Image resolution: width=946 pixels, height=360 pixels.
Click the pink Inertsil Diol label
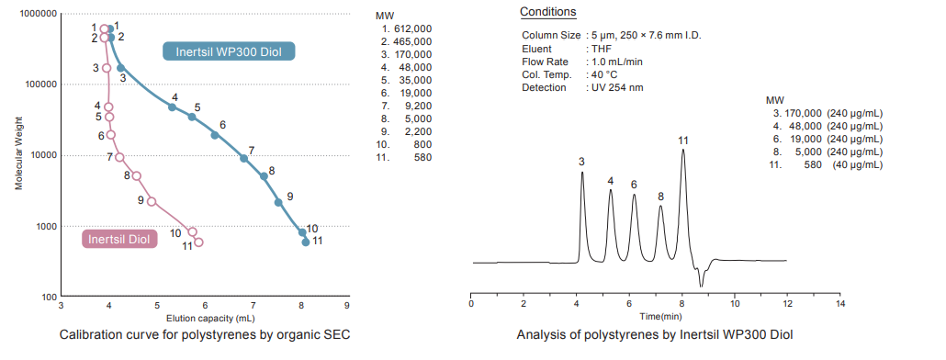tap(118, 240)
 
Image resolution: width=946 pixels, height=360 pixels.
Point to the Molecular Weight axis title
tap(17, 156)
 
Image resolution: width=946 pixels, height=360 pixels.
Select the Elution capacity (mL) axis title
tap(205, 317)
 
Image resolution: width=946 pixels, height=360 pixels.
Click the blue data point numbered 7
tap(243, 158)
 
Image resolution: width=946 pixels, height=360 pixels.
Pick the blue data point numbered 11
tap(306, 242)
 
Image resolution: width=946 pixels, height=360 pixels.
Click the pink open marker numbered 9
tap(152, 201)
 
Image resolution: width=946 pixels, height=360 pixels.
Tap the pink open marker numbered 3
tap(107, 68)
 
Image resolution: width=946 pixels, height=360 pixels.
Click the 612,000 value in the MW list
tap(412, 29)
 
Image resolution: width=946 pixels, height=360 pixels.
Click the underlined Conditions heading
tap(548, 12)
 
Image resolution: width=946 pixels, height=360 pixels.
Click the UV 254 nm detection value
tap(616, 87)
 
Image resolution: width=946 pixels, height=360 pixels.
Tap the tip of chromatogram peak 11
tap(682, 150)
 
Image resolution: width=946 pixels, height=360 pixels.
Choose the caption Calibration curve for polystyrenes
tap(204, 335)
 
